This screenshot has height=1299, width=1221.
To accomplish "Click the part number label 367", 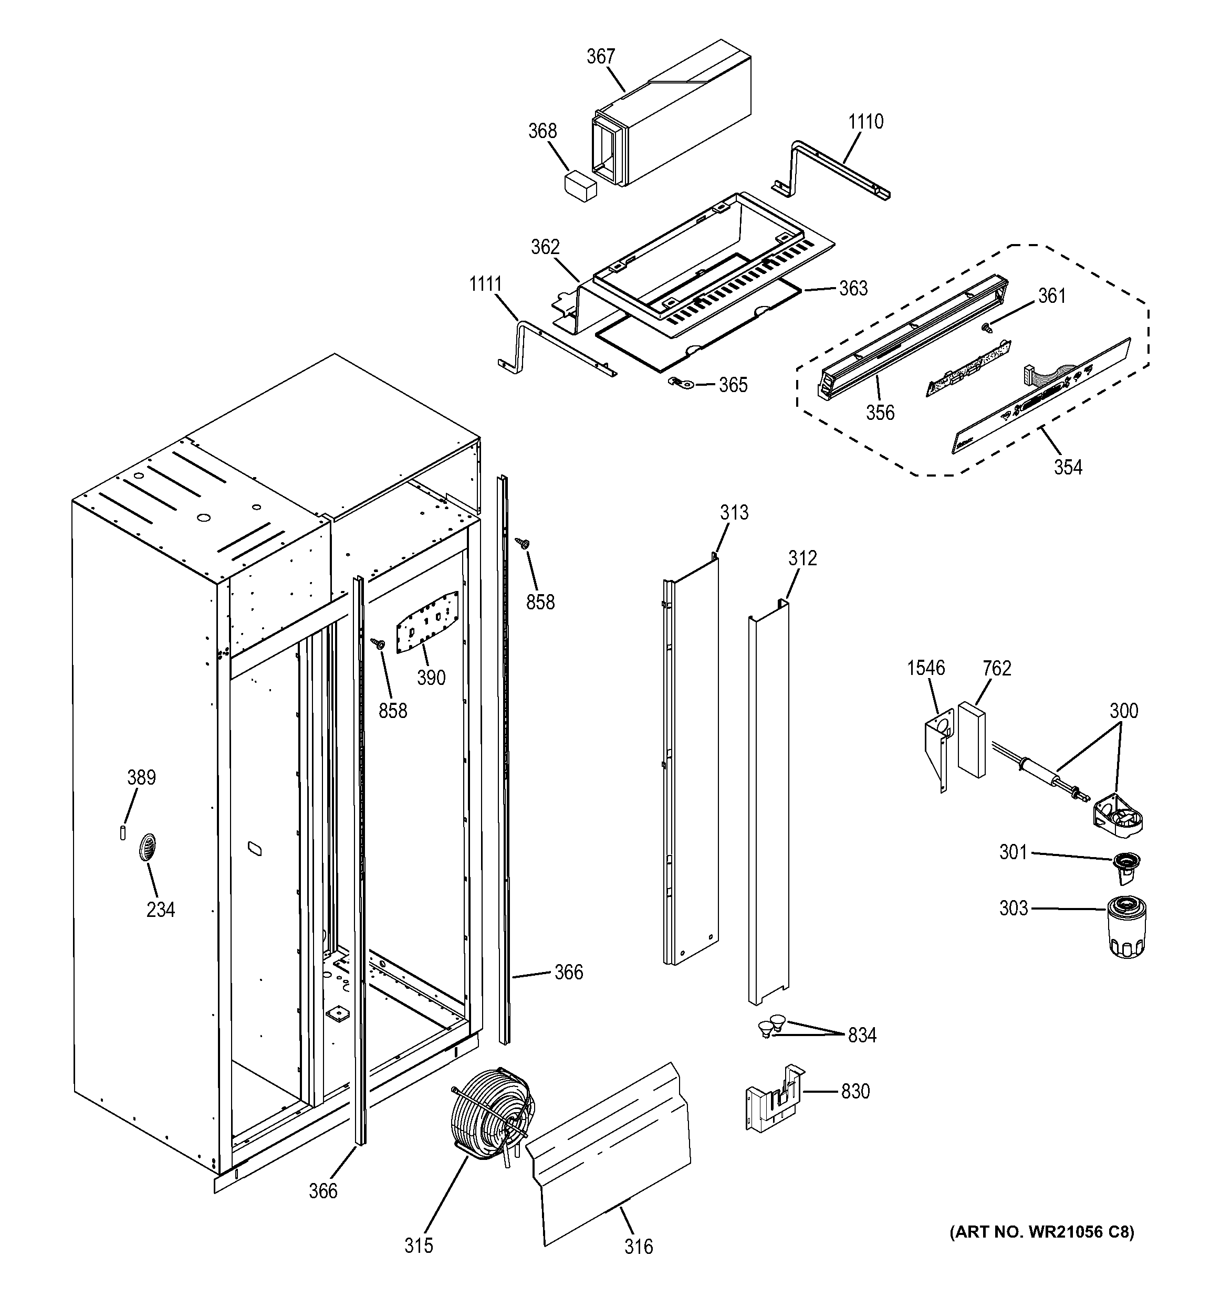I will (x=600, y=57).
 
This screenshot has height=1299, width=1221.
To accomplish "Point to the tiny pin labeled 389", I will (x=123, y=832).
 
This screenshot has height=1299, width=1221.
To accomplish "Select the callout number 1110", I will (x=865, y=122).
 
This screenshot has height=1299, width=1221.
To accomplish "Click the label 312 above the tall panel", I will (x=802, y=558).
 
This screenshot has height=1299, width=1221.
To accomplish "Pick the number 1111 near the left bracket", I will (x=485, y=284).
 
